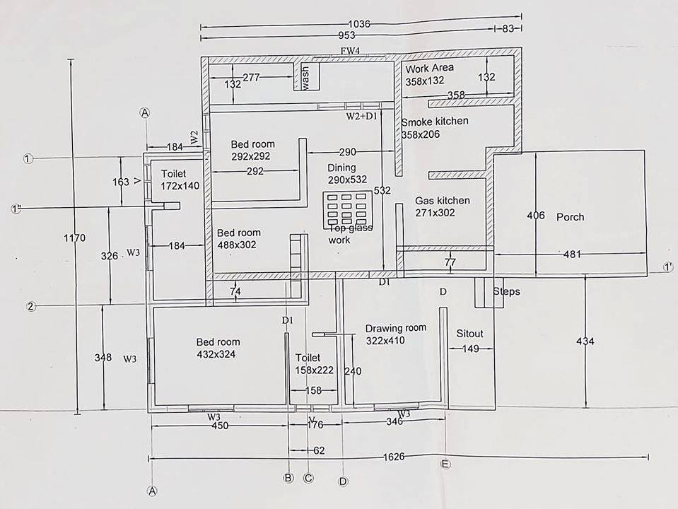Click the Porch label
click(x=570, y=217)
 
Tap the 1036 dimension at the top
click(x=359, y=24)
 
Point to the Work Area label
click(x=429, y=68)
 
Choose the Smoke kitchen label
click(x=434, y=122)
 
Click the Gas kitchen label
click(x=442, y=201)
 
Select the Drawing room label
click(x=395, y=328)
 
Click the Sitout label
click(x=469, y=333)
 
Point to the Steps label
click(x=506, y=291)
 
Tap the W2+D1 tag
click(x=362, y=115)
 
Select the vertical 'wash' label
click(x=306, y=78)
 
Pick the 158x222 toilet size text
click(x=314, y=370)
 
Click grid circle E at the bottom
click(x=445, y=464)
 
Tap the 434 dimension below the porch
click(x=585, y=341)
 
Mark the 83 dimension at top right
click(x=508, y=29)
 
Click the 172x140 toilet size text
click(x=180, y=185)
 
